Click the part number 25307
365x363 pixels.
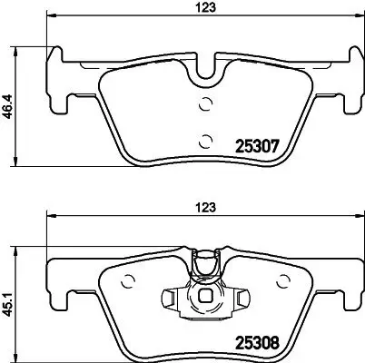coord(255,145)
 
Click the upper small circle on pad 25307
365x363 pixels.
coord(205,103)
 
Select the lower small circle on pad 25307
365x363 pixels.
coord(205,139)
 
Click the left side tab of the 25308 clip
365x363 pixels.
coord(171,296)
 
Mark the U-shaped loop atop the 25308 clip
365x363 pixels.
coord(208,263)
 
